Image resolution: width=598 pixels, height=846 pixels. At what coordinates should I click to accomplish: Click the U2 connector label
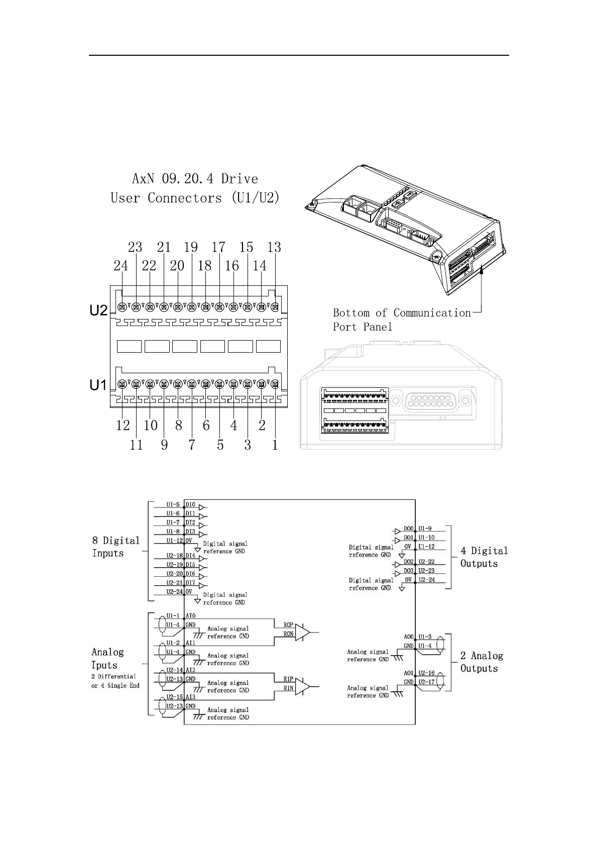click(98, 311)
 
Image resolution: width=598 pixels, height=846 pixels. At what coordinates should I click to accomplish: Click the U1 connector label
click(98, 385)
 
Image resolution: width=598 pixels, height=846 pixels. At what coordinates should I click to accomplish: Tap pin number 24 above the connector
click(121, 266)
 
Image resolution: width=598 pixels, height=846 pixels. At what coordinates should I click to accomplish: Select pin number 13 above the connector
click(274, 247)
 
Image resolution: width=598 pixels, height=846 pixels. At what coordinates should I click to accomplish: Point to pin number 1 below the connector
click(275, 445)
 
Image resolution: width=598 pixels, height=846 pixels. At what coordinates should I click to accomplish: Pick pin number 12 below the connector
click(123, 426)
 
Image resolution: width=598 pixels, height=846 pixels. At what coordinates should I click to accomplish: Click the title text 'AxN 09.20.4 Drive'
click(195, 179)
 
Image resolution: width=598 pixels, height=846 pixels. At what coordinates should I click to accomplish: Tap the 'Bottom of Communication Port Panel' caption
click(402, 320)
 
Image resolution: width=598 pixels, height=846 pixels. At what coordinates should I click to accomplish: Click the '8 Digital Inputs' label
click(116, 547)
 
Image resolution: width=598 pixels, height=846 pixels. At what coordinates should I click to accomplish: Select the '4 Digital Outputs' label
click(484, 557)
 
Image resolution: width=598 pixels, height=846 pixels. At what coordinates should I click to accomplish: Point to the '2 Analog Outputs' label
click(482, 662)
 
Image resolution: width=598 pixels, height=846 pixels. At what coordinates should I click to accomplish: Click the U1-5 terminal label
click(173, 504)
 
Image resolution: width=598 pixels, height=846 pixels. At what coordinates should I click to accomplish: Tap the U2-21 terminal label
click(174, 583)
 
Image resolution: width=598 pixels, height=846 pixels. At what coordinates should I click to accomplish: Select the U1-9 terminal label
click(425, 528)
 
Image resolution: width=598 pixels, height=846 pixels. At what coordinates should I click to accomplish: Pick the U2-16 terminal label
click(426, 673)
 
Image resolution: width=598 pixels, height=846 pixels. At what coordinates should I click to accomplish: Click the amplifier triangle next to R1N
click(302, 686)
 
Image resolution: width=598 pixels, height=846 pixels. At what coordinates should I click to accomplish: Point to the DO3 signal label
click(409, 571)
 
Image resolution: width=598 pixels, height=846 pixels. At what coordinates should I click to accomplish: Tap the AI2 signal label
click(190, 670)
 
